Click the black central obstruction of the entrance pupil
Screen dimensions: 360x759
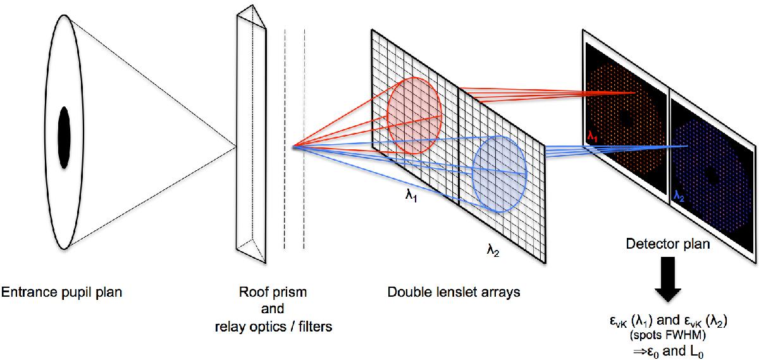[x=65, y=137]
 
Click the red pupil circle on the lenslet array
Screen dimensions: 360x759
[x=413, y=115]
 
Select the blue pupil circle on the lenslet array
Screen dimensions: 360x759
[x=500, y=171]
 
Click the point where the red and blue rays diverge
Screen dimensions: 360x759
[x=293, y=148]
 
